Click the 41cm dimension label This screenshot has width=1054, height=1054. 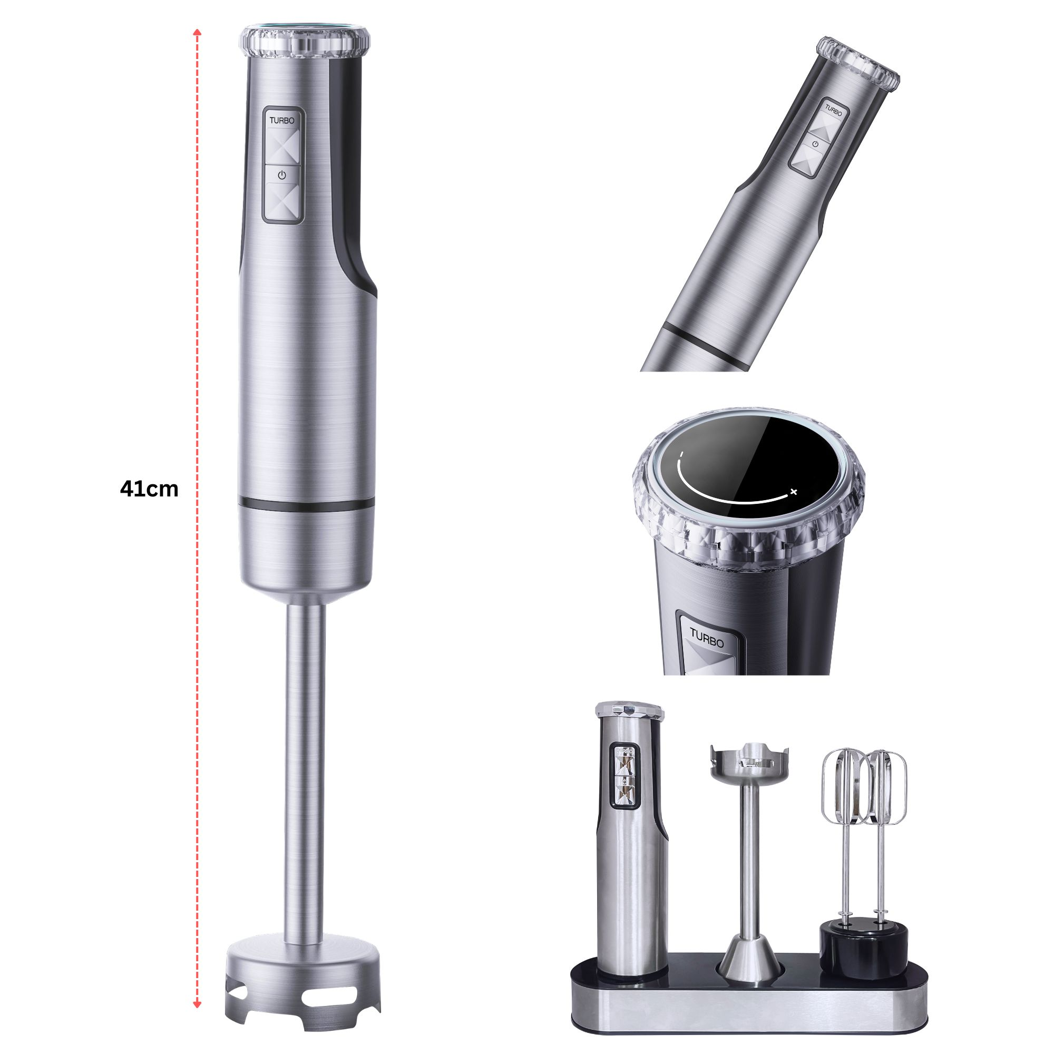(149, 489)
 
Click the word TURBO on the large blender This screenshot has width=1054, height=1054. (281, 121)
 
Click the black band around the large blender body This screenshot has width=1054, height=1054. (307, 505)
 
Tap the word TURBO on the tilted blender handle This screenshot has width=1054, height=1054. (833, 110)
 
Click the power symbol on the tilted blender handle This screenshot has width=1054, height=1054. (815, 144)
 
